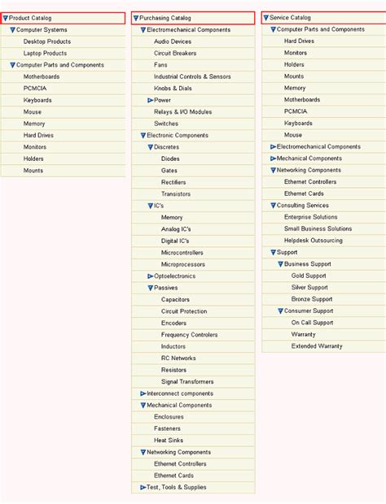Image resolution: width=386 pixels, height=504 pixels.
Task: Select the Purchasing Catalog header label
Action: [164, 18]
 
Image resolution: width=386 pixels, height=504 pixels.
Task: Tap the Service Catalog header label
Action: [290, 17]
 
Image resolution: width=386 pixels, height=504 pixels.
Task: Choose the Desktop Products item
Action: [46, 41]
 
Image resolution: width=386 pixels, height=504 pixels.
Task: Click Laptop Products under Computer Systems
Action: [45, 54]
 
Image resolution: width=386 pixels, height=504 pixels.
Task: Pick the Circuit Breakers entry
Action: [176, 54]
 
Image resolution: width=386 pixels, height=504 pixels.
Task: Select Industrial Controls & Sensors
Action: [192, 77]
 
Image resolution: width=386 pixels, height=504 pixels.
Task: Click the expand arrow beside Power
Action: [151, 101]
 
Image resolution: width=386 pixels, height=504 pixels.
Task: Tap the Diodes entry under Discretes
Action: [170, 159]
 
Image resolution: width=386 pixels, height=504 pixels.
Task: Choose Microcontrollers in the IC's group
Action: [182, 253]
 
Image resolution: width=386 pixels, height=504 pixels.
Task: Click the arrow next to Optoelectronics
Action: [151, 276]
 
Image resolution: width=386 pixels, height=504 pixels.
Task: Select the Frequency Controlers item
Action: [189, 335]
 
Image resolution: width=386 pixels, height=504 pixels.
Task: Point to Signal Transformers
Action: [186, 382]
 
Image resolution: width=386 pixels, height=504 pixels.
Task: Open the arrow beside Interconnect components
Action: [143, 393]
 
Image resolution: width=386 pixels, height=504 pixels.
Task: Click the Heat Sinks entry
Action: [169, 441]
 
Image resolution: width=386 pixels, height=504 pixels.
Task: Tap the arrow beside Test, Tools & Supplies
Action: [143, 488]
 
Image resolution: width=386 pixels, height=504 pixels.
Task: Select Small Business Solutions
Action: [318, 229]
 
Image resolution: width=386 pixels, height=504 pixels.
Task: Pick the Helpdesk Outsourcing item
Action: [314, 241]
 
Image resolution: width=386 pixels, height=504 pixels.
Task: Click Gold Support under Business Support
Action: [309, 276]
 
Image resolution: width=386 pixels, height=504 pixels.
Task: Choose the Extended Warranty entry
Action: [317, 346]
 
